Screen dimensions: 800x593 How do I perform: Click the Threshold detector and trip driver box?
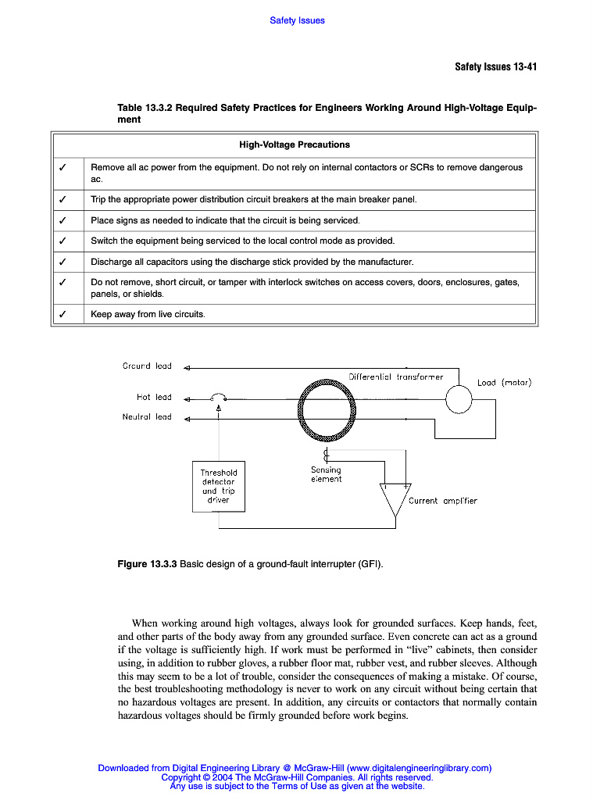tap(218, 487)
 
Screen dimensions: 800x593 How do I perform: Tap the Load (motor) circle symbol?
tap(459, 399)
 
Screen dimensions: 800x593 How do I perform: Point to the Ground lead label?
tap(147, 366)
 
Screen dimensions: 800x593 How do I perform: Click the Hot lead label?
tap(154, 397)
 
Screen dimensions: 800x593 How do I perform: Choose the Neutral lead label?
tap(147, 416)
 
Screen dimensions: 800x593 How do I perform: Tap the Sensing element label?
tap(326, 474)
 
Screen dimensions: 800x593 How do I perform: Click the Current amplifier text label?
tap(442, 501)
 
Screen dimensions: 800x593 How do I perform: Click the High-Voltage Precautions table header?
tap(294, 145)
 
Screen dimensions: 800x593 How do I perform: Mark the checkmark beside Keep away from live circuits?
tap(62, 314)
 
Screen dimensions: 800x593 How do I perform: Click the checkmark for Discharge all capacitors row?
tap(62, 262)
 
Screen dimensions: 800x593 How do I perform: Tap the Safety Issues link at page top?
tap(297, 20)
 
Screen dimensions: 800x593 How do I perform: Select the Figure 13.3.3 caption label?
tap(147, 563)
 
